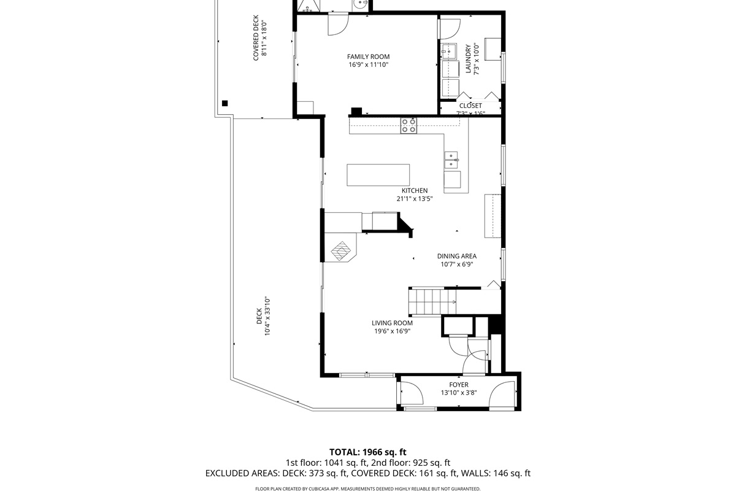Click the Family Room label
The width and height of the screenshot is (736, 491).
(368, 56)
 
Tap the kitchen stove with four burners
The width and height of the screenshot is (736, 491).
(409, 126)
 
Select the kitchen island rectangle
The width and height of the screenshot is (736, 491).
(378, 175)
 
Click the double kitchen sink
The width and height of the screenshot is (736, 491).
(451, 160)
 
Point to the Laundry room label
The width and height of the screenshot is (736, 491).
(468, 58)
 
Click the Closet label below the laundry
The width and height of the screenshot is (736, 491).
(470, 106)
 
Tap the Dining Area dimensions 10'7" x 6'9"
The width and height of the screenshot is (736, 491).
(456, 265)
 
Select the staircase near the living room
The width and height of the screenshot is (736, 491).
(433, 301)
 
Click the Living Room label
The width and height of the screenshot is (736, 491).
(392, 323)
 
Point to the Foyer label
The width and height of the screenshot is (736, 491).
(458, 385)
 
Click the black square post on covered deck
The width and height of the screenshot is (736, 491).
(225, 102)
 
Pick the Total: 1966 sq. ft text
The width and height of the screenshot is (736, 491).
(367, 452)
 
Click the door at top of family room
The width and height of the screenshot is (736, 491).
(338, 24)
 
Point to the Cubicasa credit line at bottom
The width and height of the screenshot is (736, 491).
(367, 489)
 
